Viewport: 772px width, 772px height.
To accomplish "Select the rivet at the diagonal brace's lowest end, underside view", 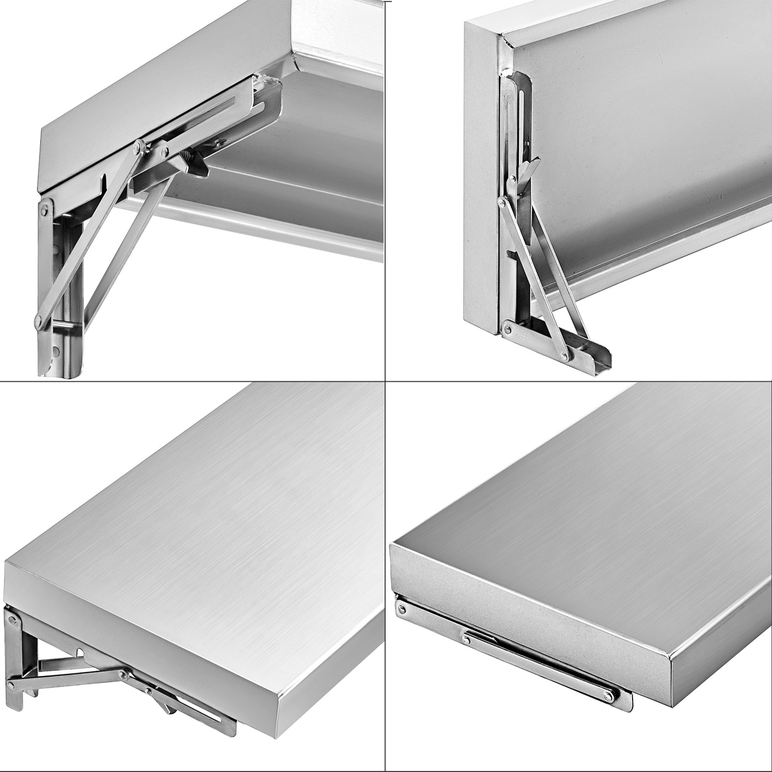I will pyautogui.click(x=38, y=320).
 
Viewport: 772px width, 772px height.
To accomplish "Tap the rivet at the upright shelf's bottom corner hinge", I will pyautogui.click(x=507, y=327).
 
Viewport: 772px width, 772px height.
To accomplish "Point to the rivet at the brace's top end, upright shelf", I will pyautogui.click(x=502, y=201).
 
